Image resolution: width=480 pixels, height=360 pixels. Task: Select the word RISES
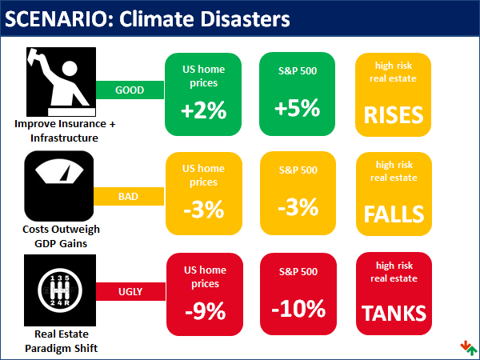[x=393, y=115]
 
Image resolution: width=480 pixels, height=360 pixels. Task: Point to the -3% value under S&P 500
[x=298, y=207]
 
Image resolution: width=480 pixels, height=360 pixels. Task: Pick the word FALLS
[x=393, y=214]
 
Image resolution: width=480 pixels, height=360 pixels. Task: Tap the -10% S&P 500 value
[x=298, y=307]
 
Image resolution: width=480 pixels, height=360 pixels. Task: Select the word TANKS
[x=393, y=314]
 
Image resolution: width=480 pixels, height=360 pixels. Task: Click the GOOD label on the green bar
[x=130, y=90]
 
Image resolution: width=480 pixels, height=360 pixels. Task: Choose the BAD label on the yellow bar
[x=128, y=195]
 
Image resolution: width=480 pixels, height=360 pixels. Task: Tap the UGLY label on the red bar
[x=130, y=292]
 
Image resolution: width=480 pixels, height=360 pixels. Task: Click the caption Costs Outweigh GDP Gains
[x=61, y=236]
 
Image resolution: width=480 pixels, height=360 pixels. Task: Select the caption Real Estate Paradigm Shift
[x=60, y=341]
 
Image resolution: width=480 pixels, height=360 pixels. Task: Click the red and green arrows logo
[x=468, y=347]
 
